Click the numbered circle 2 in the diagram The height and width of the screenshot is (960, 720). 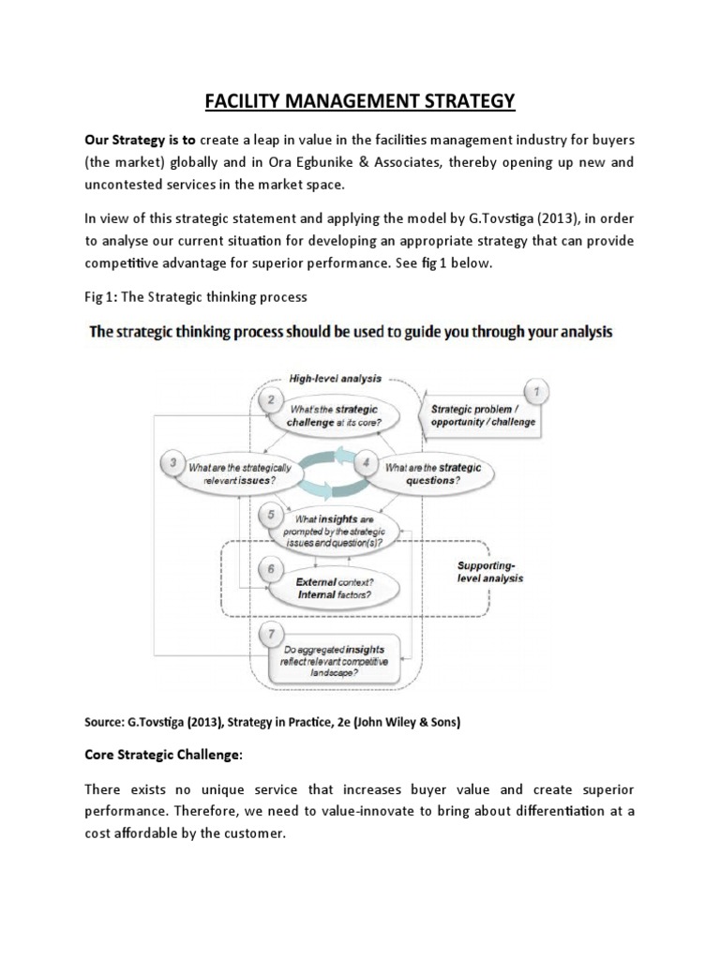tap(271, 400)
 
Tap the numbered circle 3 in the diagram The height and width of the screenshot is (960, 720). tap(172, 460)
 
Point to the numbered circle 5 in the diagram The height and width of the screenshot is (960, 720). tap(271, 515)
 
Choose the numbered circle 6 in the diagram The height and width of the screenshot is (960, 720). tap(271, 569)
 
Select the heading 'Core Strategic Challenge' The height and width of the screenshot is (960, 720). tap(162, 754)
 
